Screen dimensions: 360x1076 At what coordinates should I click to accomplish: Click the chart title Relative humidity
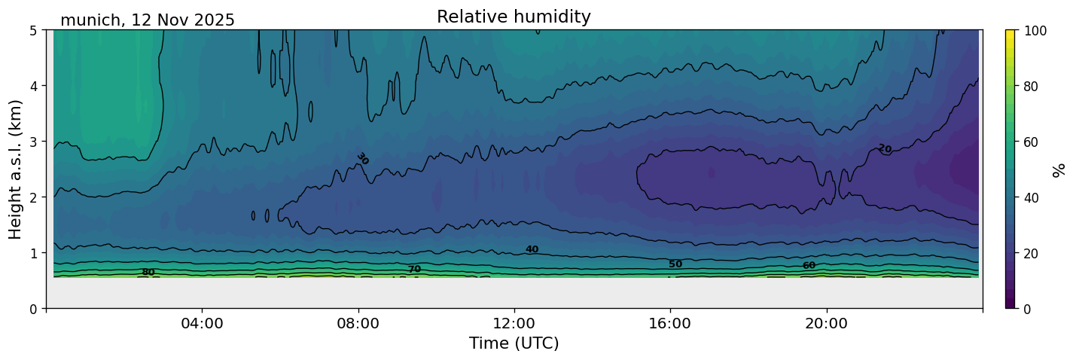[514, 17]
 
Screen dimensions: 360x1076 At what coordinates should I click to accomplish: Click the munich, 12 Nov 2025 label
[148, 20]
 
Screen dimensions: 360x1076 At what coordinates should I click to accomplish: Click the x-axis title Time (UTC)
[514, 343]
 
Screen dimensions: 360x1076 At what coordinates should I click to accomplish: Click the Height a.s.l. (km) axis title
[16, 169]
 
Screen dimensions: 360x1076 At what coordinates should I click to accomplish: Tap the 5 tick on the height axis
[35, 30]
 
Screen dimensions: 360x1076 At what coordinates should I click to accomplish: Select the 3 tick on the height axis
[35, 142]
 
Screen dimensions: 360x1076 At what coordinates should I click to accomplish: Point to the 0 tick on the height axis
[35, 309]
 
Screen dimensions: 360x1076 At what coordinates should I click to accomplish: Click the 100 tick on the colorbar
[1035, 30]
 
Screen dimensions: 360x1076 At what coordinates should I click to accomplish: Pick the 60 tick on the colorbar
[1032, 142]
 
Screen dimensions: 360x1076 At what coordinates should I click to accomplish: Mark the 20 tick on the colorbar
[1032, 253]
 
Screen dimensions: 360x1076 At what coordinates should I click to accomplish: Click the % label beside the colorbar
[1060, 169]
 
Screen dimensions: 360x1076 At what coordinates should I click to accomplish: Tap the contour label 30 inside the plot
[363, 159]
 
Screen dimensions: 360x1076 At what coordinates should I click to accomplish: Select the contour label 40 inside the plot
[532, 249]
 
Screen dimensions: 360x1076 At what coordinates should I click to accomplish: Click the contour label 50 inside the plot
[675, 264]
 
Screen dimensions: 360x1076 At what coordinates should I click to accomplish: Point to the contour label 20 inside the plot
[885, 148]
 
